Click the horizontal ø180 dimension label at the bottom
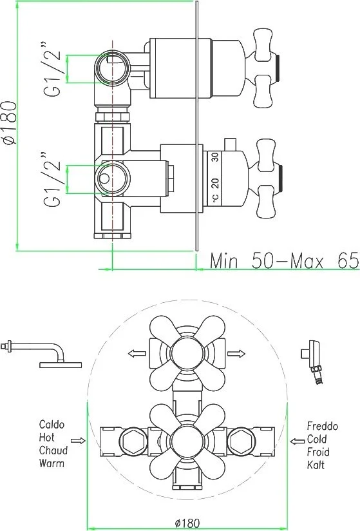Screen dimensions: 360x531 point(187,523)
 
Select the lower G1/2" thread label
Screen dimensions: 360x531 point(52,180)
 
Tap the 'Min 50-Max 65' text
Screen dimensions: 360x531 point(283,261)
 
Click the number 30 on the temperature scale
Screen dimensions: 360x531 point(215,157)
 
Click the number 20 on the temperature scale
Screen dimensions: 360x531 point(215,183)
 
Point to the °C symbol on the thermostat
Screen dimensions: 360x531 point(216,198)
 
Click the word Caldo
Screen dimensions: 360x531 point(52,424)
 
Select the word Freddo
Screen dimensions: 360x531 point(323,426)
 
